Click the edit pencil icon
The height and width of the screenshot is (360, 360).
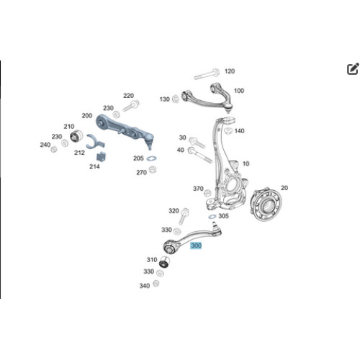pyautogui.click(x=353, y=69)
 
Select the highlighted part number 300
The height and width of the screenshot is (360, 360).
pyautogui.click(x=196, y=246)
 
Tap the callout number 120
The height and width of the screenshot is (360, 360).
pyautogui.click(x=230, y=71)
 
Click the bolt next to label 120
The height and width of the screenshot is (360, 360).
pyautogui.click(x=207, y=74)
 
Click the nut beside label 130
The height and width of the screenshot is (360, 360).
pyautogui.click(x=176, y=99)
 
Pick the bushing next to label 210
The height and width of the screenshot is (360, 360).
pyautogui.click(x=76, y=137)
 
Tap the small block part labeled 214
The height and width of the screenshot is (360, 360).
pyautogui.click(x=102, y=156)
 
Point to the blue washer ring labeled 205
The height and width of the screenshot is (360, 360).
pyautogui.click(x=151, y=158)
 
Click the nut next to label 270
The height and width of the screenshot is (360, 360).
pyautogui.click(x=153, y=170)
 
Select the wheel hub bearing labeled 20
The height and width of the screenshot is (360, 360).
pyautogui.click(x=266, y=204)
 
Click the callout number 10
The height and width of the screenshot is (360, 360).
pyautogui.click(x=246, y=163)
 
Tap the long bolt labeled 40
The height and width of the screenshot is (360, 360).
pyautogui.click(x=200, y=155)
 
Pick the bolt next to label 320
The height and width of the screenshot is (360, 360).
pyautogui.click(x=184, y=216)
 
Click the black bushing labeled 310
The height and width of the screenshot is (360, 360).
pyautogui.click(x=165, y=262)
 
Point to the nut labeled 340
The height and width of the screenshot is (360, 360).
pyautogui.click(x=156, y=283)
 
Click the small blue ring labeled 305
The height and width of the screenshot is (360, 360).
pyautogui.click(x=212, y=217)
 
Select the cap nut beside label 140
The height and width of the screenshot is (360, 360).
pyautogui.click(x=228, y=131)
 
